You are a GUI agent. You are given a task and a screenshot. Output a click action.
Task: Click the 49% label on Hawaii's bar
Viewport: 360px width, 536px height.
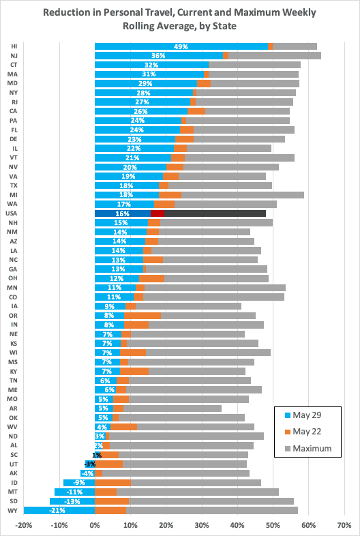(181, 46)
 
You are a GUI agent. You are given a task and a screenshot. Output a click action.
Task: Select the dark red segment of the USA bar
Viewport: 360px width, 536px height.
(157, 213)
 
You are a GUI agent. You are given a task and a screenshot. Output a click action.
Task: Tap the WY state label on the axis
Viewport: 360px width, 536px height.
(14, 510)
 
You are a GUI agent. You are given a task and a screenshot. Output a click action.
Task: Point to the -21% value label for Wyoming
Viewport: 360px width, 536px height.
(57, 511)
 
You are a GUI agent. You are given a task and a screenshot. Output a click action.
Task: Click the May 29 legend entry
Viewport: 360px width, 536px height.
(303, 415)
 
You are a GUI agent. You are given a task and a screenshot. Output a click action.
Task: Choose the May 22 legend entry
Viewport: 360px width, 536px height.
(303, 432)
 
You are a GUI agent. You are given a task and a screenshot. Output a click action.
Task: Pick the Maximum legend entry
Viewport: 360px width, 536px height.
(308, 448)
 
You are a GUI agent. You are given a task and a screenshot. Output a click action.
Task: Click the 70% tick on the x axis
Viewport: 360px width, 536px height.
(344, 525)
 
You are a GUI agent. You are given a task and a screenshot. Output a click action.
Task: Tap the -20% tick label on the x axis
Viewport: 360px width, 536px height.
(24, 525)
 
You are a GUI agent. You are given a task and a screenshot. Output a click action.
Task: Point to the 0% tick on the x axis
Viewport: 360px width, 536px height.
(95, 525)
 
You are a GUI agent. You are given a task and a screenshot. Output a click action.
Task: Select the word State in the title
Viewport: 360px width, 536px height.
(225, 26)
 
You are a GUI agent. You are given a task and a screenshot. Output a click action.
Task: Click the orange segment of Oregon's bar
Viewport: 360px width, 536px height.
(142, 316)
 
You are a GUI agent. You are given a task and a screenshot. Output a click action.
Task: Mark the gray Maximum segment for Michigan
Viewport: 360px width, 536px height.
(243, 195)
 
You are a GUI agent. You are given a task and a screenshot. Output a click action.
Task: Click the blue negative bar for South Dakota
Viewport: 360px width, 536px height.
(72, 501)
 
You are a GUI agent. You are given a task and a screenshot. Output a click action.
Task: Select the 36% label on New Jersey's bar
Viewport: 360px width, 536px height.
(158, 56)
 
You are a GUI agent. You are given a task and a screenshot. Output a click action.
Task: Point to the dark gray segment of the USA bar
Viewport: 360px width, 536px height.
(215, 213)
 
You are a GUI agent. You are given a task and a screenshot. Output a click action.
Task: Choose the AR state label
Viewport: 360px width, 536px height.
(14, 408)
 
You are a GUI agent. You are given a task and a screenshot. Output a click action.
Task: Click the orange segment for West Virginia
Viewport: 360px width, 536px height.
(124, 427)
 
